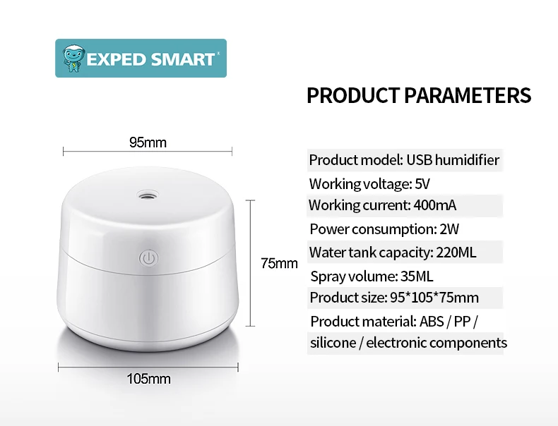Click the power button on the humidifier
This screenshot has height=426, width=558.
[148, 258]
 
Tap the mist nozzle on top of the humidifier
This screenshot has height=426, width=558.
[148, 195]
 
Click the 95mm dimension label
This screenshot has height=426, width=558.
[148, 142]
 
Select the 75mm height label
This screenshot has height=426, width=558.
[279, 263]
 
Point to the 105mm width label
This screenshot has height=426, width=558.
[149, 379]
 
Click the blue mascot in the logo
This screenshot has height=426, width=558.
[73, 58]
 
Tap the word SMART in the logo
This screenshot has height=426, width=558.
[183, 59]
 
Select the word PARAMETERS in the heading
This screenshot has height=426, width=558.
[468, 95]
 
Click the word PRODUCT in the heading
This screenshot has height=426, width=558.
[353, 95]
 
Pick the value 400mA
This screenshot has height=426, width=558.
[434, 205]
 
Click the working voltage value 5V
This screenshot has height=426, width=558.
[422, 184]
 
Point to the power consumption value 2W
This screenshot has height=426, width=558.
[449, 229]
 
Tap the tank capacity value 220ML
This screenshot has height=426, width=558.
[456, 252]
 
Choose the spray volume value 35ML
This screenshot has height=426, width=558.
[417, 276]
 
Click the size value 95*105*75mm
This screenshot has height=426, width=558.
[434, 298]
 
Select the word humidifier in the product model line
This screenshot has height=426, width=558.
[467, 160]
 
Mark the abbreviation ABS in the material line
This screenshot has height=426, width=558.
[432, 322]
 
